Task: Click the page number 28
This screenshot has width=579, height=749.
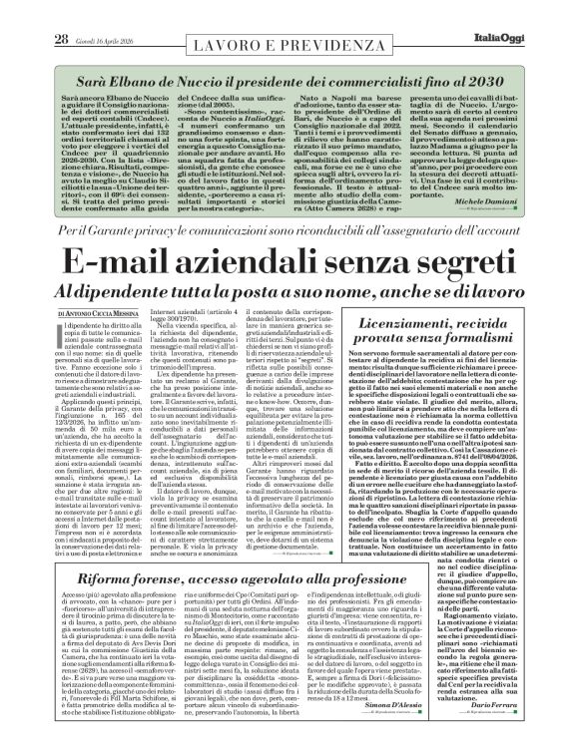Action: pyautogui.click(x=34, y=12)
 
